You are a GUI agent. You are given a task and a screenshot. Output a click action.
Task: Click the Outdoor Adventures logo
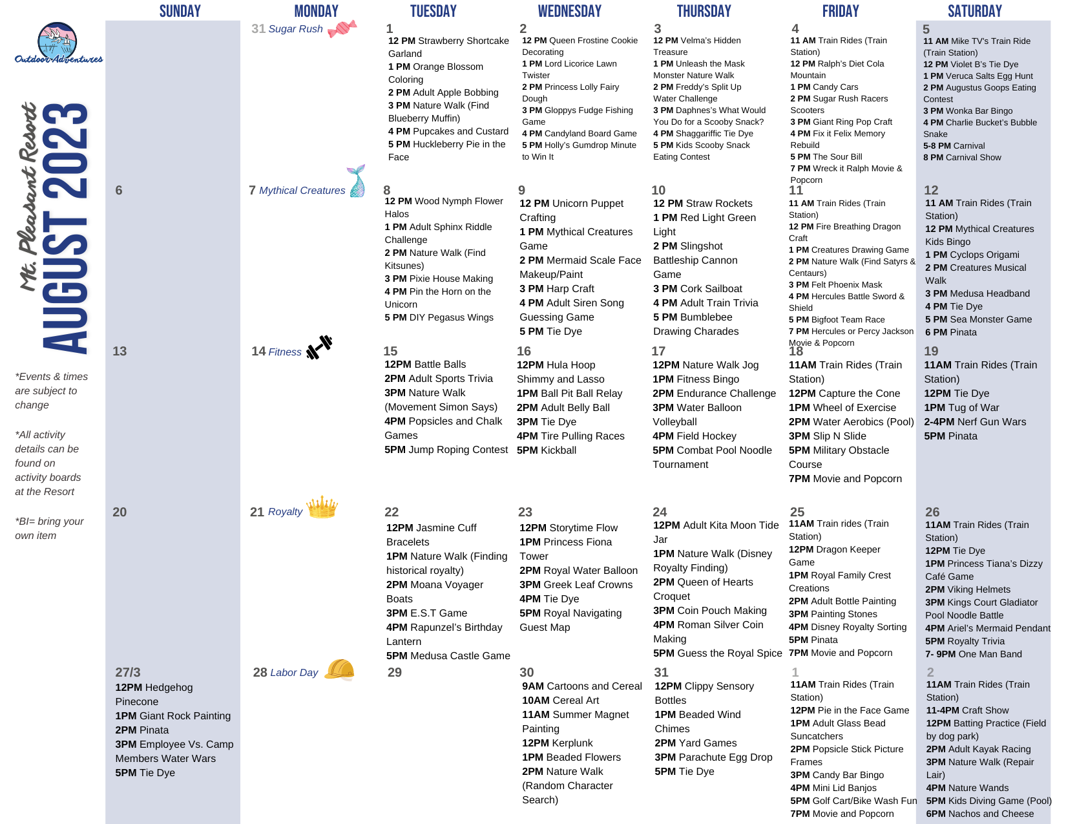click(58, 43)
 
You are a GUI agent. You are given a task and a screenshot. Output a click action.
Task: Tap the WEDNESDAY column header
click(569, 11)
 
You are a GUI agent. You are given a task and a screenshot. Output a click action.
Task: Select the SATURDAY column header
click(974, 11)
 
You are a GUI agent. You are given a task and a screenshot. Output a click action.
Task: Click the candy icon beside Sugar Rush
click(342, 29)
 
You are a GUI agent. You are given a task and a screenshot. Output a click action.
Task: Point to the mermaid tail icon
click(357, 181)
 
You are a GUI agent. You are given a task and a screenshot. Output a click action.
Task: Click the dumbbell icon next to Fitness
click(319, 347)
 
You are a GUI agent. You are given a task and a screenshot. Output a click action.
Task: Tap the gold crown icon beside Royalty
click(322, 507)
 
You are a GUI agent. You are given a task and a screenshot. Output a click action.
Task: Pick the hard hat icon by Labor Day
click(340, 670)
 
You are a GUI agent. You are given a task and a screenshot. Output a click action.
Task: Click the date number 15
click(390, 351)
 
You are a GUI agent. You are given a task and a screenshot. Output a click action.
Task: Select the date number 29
click(395, 672)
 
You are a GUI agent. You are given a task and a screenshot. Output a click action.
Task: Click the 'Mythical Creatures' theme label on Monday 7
click(302, 191)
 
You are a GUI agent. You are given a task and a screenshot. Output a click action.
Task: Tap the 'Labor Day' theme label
click(294, 673)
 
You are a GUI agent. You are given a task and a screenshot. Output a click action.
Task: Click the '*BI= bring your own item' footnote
click(49, 528)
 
